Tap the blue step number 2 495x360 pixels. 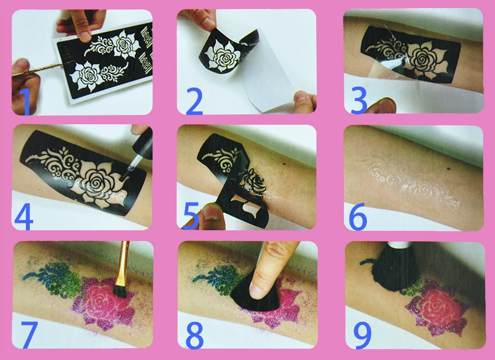(194, 101)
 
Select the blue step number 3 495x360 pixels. (358, 100)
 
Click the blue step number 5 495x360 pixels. (191, 216)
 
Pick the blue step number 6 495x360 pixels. (358, 216)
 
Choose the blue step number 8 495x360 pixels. (195, 335)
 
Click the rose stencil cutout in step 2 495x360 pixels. (221, 56)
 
